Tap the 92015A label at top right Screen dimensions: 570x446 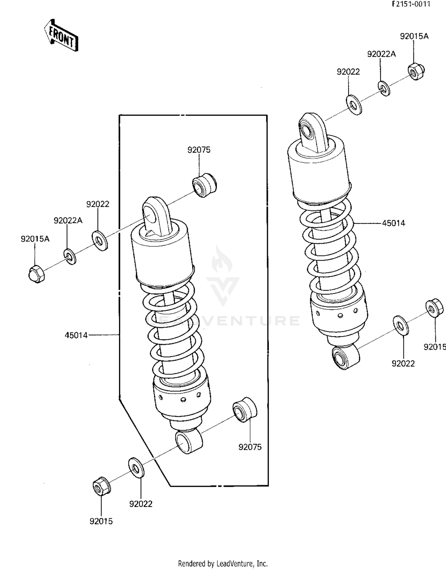(414, 36)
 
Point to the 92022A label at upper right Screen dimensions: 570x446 (381, 54)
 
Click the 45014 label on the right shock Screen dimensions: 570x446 (393, 223)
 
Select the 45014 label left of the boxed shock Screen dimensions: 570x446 (76, 335)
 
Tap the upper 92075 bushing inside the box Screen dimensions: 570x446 (204, 185)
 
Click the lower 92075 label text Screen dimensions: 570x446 (250, 447)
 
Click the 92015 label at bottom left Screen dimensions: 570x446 (101, 521)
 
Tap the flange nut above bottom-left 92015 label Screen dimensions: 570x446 (101, 486)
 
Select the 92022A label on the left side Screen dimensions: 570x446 (68, 221)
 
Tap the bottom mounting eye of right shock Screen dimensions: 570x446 (340, 358)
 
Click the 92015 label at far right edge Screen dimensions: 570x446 (434, 347)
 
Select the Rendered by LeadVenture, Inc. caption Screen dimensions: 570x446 (223, 563)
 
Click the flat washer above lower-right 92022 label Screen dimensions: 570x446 (401, 326)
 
